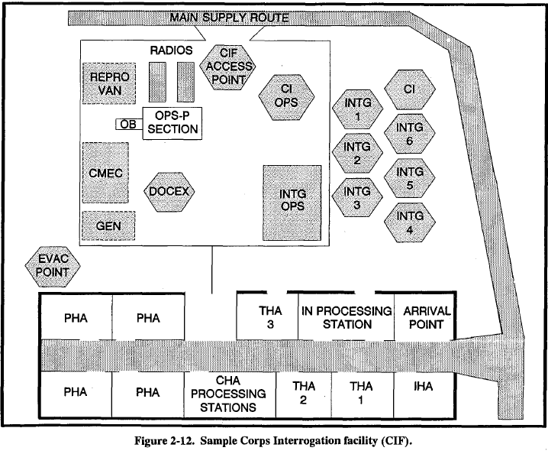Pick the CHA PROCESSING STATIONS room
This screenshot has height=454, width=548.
point(230,394)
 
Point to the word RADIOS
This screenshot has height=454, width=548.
point(172,51)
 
